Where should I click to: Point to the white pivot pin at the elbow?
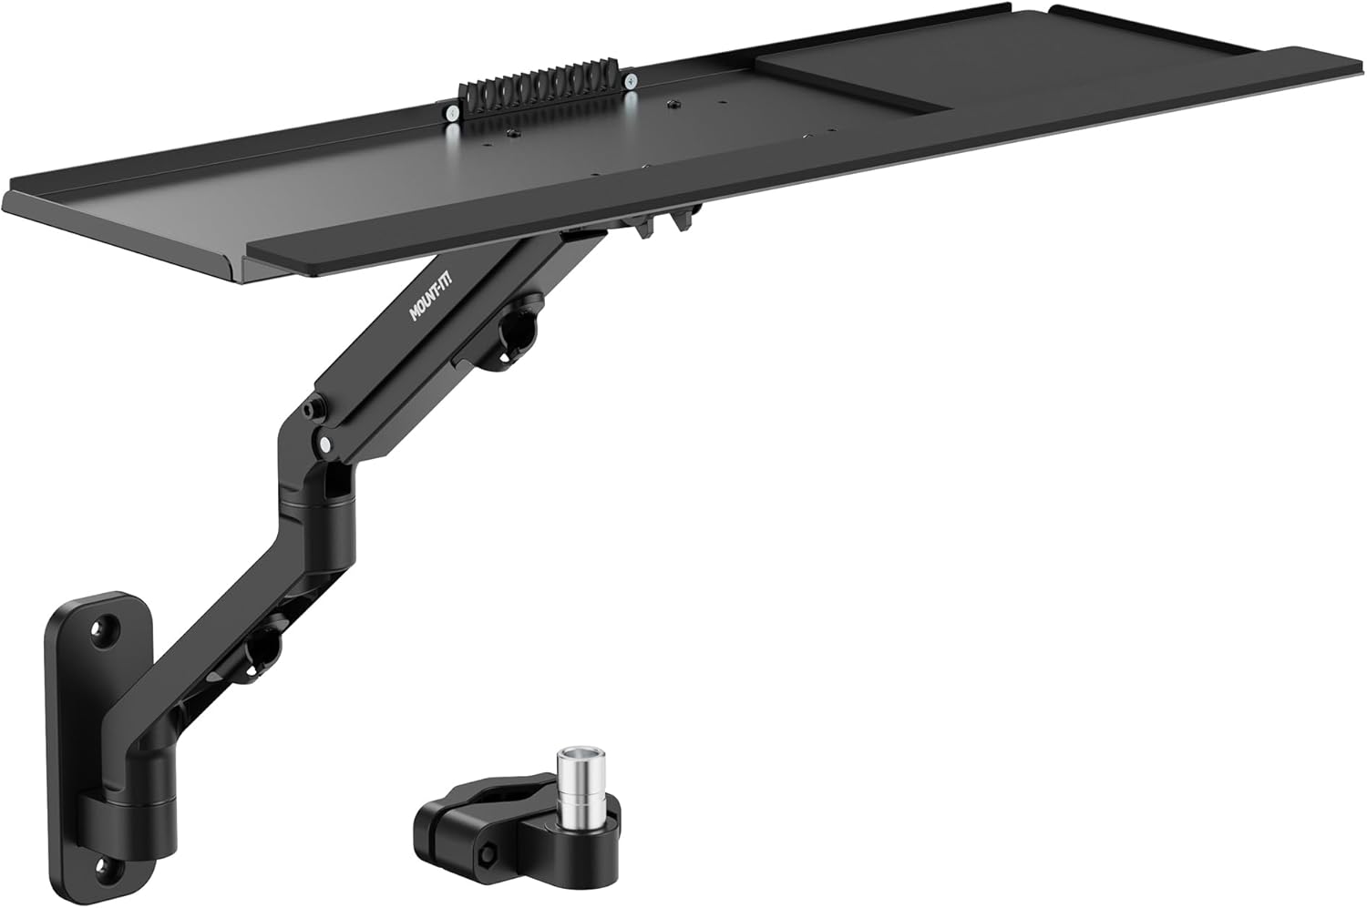tap(324, 444)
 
